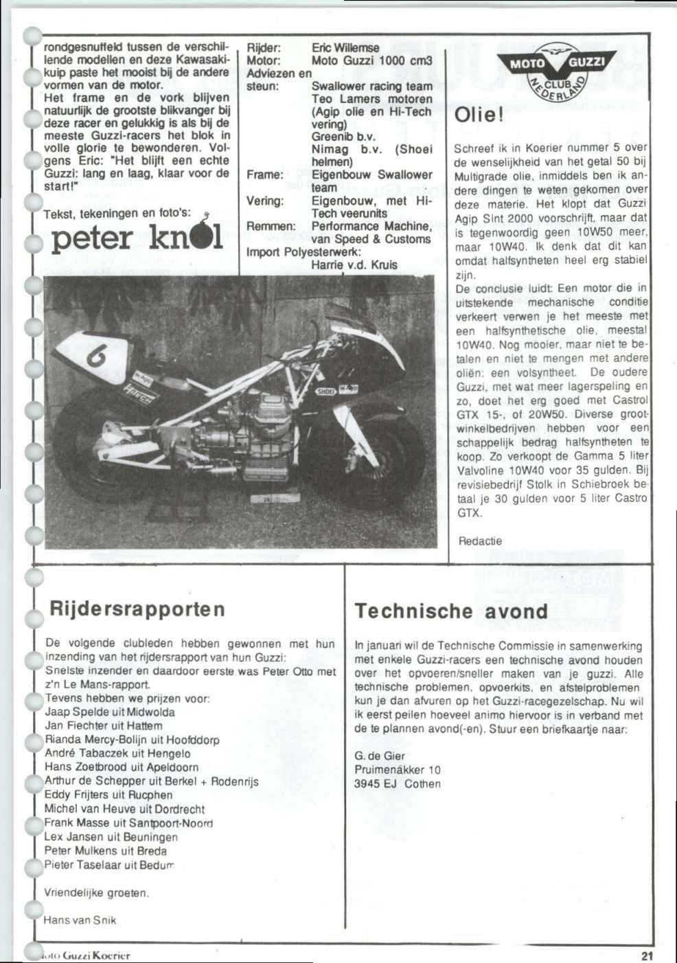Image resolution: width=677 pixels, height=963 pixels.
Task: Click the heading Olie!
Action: click(480, 115)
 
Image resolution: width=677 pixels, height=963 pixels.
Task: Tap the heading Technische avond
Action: click(452, 611)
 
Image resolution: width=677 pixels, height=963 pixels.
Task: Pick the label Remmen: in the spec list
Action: click(271, 226)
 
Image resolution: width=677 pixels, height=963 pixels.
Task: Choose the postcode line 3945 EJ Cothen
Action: click(398, 784)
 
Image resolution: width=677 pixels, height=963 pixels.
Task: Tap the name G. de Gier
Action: click(380, 756)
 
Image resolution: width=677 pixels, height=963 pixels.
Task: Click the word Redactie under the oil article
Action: click(480, 541)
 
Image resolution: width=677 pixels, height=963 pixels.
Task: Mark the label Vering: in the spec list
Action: click(264, 201)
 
